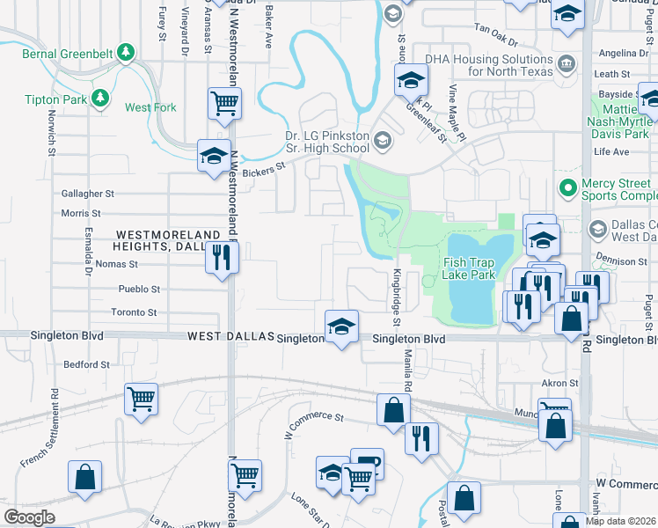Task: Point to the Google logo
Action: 29,517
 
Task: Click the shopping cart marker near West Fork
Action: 225,103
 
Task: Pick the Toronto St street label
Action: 134,312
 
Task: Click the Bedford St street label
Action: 86,363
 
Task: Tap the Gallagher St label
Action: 88,194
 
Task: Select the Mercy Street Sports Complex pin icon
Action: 567,188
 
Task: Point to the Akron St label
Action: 559,384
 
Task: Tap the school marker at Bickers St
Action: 214,156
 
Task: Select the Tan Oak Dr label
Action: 500,28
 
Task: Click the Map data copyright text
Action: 619,521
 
